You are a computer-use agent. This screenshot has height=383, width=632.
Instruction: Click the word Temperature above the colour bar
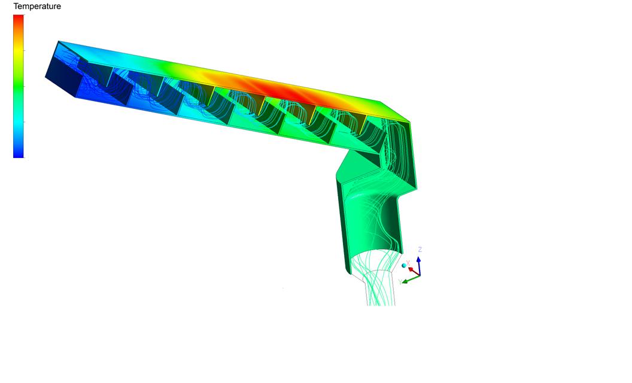click(37, 6)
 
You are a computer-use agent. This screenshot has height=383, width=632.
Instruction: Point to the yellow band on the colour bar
click(19, 51)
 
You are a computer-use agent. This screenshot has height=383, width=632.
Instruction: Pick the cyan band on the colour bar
click(19, 121)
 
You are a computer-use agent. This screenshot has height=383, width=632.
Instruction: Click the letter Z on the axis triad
click(420, 250)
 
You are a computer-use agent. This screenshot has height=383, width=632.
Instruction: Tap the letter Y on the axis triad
click(400, 282)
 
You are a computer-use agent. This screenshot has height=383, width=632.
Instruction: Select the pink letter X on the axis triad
click(408, 263)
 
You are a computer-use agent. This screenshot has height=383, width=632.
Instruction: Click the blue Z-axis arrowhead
click(419, 260)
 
